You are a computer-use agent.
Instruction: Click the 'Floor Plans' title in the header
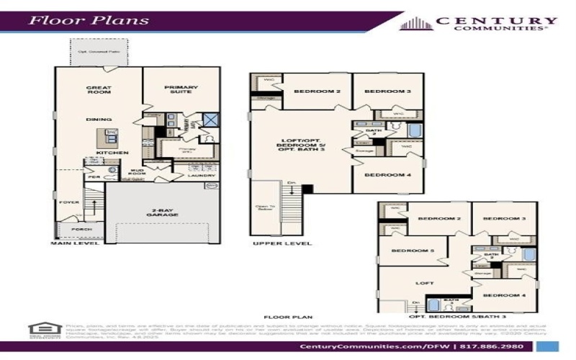89,19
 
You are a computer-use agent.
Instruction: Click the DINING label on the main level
99,120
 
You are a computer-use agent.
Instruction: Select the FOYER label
69,203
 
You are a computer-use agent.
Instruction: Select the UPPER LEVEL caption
282,244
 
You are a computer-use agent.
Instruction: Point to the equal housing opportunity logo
40,330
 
